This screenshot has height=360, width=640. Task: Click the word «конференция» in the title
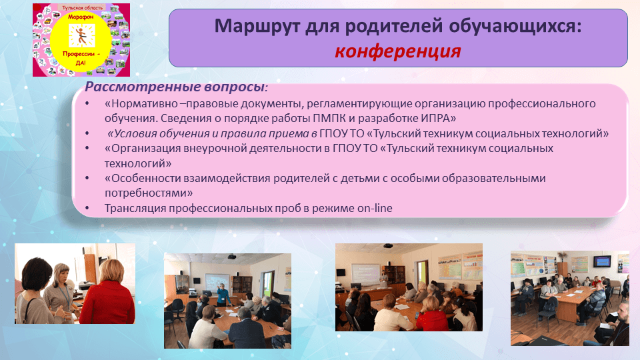(x=397, y=51)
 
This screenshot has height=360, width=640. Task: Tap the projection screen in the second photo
(x=221, y=283)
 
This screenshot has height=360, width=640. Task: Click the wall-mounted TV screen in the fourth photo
(x=602, y=261)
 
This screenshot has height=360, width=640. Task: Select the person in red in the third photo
(x=434, y=319)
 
